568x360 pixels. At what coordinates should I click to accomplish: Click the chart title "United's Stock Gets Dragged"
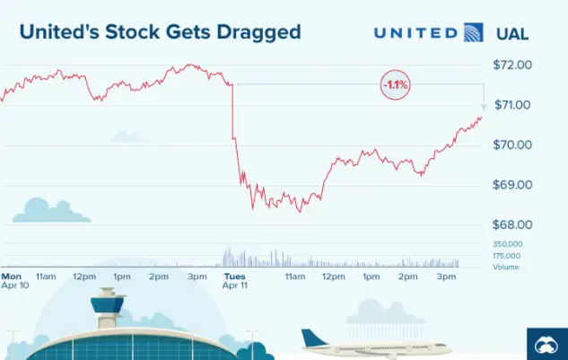click(159, 32)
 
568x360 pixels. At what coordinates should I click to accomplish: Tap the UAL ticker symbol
click(512, 34)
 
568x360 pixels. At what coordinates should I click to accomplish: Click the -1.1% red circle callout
click(395, 84)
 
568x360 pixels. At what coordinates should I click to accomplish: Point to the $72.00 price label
click(513, 65)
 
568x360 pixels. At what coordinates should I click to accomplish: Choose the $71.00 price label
click(513, 105)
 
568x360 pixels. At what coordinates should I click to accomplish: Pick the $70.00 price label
click(513, 145)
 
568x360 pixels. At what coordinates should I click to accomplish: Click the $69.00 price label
click(513, 185)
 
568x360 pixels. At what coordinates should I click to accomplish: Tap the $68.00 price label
click(513, 224)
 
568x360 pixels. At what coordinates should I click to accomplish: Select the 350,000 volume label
click(508, 244)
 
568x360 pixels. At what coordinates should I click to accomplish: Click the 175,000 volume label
click(508, 256)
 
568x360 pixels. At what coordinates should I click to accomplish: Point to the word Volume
click(505, 267)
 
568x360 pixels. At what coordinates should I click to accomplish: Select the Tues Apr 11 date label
click(235, 280)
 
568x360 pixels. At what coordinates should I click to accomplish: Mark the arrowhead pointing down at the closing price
click(485, 107)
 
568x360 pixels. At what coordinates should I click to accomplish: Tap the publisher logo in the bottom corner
click(546, 343)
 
